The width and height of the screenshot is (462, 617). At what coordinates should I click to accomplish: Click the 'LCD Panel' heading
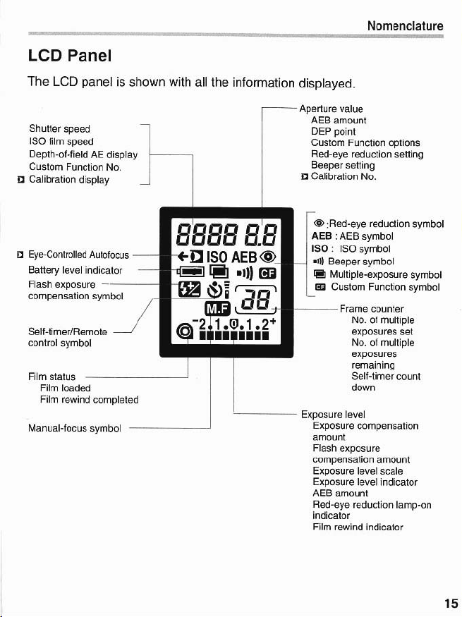[x=70, y=56]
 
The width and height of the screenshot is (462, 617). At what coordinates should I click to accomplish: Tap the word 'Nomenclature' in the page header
[x=405, y=26]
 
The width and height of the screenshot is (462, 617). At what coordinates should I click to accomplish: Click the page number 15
[x=451, y=603]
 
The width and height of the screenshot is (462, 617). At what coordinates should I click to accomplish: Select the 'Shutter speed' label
[x=59, y=128]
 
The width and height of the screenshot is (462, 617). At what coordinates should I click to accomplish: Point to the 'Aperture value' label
[x=331, y=109]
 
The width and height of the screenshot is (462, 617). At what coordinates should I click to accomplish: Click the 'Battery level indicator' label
[x=75, y=270]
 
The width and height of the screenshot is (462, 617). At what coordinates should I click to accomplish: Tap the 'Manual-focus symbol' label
[x=74, y=428]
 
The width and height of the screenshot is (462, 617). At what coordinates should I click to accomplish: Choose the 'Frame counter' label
[x=372, y=309]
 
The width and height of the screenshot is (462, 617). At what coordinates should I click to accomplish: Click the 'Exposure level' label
[x=333, y=415]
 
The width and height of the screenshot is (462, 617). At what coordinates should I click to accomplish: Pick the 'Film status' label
[x=51, y=377]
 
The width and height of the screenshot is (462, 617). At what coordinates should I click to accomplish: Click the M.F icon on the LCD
[x=217, y=309]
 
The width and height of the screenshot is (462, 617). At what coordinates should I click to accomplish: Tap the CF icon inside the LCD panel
[x=267, y=273]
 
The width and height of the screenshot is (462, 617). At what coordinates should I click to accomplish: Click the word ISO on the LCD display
[x=217, y=257]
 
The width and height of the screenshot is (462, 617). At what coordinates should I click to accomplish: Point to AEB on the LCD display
[x=244, y=257]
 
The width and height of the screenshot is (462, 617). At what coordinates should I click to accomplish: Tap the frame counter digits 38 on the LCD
[x=257, y=300]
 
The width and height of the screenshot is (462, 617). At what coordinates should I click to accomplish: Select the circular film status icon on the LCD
[x=185, y=331]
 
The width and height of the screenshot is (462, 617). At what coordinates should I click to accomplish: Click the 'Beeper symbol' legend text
[x=361, y=262]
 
